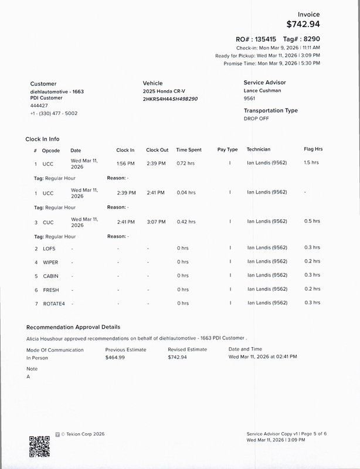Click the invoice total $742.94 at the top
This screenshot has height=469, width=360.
point(303,25)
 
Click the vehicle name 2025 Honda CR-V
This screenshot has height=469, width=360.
point(165,92)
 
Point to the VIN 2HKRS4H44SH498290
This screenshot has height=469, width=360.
point(170,99)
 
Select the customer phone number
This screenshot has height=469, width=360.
point(53,113)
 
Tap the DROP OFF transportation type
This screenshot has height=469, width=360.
point(257,118)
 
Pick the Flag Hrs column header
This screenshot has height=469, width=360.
point(313,149)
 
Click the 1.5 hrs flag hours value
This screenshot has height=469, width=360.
point(311,162)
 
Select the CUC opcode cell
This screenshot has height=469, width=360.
point(48,222)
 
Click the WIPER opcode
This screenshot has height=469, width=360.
point(51,262)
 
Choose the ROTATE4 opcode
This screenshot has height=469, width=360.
point(54,303)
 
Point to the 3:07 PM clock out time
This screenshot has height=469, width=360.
point(155,222)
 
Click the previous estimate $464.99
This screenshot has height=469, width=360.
point(115,357)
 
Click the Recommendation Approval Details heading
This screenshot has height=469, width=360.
point(73,327)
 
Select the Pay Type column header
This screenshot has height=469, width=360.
point(227,149)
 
